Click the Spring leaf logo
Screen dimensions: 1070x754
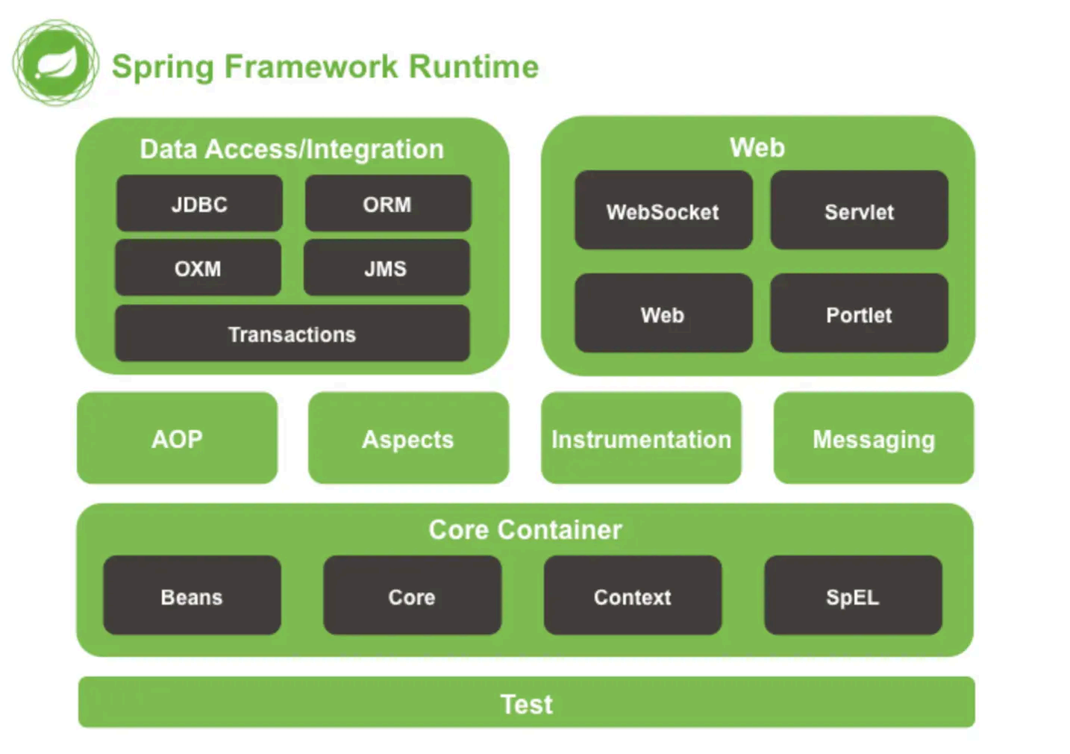point(56,63)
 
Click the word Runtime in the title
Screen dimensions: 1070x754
point(474,66)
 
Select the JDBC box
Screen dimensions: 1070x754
point(200,204)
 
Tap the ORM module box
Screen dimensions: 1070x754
point(388,204)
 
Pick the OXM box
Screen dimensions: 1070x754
point(198,268)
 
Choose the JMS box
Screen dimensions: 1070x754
point(387,268)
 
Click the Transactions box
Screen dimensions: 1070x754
point(292,334)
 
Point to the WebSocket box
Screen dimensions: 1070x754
point(663,211)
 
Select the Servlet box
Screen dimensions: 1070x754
point(860,211)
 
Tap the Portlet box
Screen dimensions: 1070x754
point(860,313)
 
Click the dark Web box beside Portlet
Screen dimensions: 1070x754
point(663,313)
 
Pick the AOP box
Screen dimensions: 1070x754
point(178,438)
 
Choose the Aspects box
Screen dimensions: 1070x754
point(408,438)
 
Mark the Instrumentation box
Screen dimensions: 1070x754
point(641,438)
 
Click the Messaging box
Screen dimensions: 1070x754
point(874,438)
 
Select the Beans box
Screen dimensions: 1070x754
point(192,596)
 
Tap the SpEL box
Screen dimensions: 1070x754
point(853,596)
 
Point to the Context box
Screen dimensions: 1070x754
point(633,596)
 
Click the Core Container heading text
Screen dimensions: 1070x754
point(525,529)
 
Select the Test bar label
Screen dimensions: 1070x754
point(526,704)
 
